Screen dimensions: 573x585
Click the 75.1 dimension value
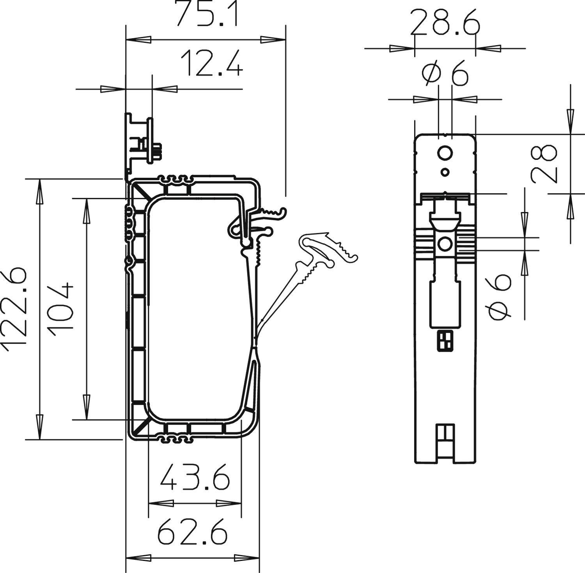coord(206,14)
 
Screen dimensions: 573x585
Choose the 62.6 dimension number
coord(192,531)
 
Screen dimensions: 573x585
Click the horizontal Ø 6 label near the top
coord(445,74)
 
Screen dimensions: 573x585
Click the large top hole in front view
coord(445,154)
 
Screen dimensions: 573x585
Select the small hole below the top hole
coord(445,172)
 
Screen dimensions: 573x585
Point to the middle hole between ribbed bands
coord(445,244)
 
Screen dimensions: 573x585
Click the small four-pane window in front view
coord(445,340)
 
